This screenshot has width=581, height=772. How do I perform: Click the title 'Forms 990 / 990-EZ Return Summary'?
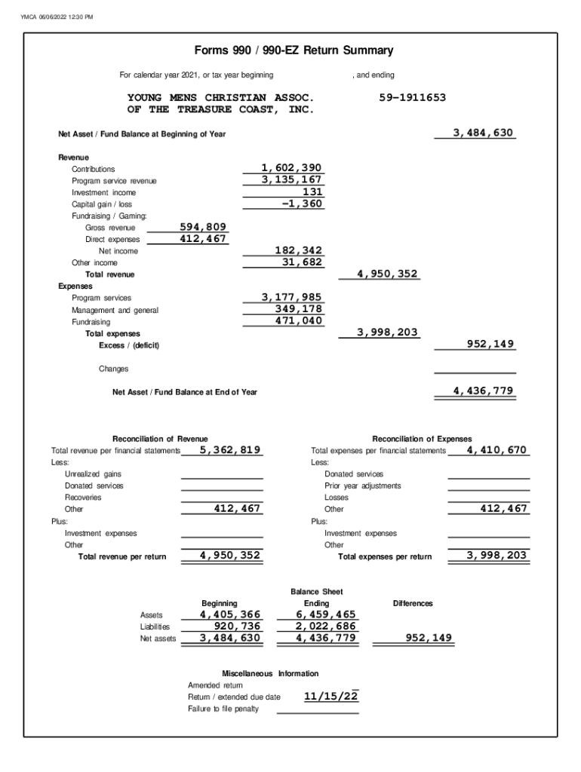coord(294,51)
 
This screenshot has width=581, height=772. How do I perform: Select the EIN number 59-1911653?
coord(412,98)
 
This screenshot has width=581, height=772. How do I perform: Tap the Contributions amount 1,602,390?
coord(291,168)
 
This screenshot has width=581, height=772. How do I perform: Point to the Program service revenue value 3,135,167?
coord(291,180)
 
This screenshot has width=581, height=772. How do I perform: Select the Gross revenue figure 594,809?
coord(202,227)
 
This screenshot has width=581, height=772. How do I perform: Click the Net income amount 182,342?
coord(297,250)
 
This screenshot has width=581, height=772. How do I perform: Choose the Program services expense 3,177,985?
coord(291,298)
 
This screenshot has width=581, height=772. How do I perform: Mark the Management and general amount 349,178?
coord(297,309)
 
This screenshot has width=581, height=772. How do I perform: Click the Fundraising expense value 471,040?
coord(297,321)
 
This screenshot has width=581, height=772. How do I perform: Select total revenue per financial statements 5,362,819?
coord(230,450)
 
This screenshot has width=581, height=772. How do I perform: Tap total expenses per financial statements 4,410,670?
coord(496,450)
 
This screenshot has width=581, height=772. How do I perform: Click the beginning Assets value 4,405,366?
coord(230,614)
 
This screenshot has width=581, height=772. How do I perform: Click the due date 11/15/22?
coord(330,697)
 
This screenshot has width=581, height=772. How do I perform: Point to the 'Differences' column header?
coord(413,603)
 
